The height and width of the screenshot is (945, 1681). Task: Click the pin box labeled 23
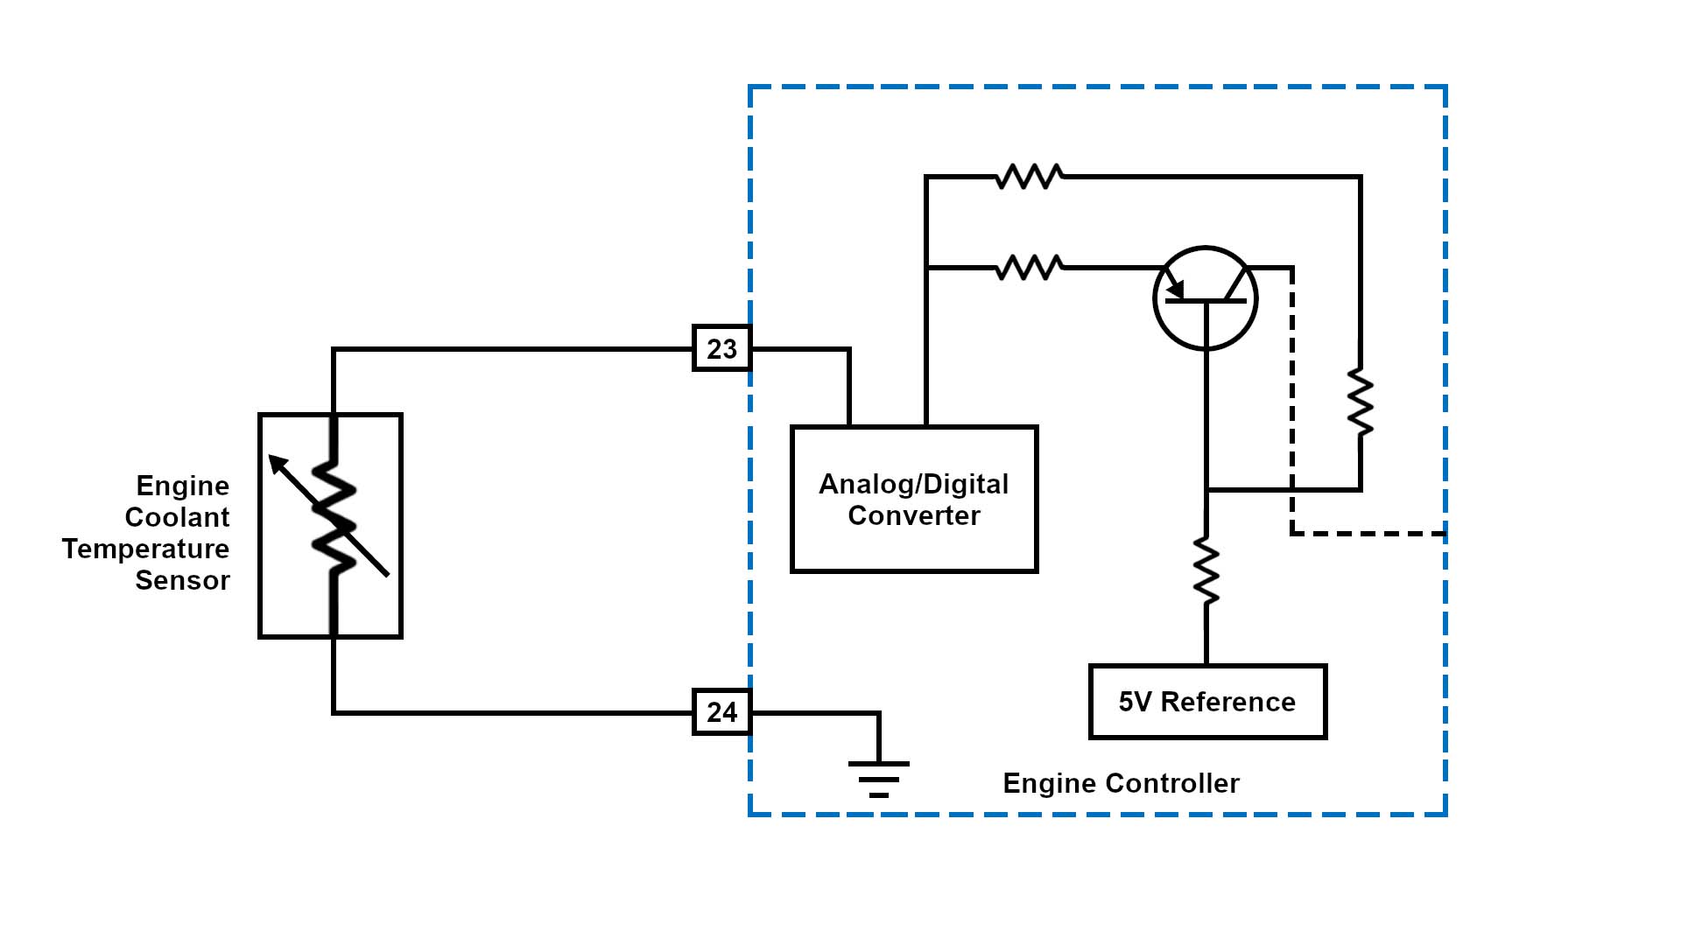[721, 348]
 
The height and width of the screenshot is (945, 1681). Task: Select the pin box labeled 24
[721, 712]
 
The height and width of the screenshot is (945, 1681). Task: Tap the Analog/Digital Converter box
[913, 499]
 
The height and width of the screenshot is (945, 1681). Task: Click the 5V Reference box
[1207, 702]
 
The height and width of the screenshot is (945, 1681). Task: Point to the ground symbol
[878, 779]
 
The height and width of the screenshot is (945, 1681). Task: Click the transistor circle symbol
[1206, 298]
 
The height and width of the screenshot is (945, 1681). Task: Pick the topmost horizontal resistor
[1030, 177]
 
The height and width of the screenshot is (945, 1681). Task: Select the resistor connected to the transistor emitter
[1030, 268]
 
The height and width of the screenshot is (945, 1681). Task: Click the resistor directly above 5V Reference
[1206, 570]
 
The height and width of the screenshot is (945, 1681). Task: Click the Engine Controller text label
[1121, 783]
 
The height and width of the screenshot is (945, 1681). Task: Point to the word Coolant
[177, 517]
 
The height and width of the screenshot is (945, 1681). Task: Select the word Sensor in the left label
[182, 580]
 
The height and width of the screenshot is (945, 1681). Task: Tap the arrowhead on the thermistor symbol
[277, 463]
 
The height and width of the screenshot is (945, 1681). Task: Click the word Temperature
[145, 549]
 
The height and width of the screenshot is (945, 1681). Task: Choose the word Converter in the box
[914, 515]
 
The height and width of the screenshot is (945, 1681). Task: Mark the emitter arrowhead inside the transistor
[1176, 289]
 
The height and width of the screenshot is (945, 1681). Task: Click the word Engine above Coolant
[182, 486]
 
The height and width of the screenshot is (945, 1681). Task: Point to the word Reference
[1227, 702]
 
